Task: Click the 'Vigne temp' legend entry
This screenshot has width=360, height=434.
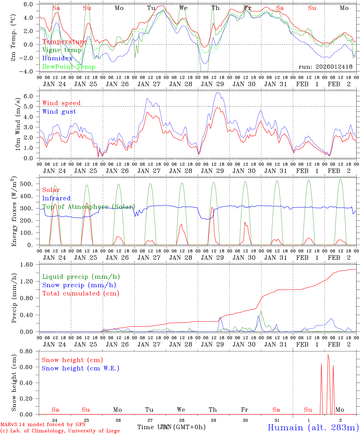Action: click(62, 50)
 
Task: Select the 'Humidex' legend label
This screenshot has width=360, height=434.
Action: click(57, 58)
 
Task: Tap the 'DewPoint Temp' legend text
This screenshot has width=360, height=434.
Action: click(69, 67)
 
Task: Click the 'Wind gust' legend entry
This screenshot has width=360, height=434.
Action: click(59, 112)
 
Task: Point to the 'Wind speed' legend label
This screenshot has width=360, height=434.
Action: click(61, 103)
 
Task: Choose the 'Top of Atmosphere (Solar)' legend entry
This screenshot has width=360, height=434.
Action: click(89, 207)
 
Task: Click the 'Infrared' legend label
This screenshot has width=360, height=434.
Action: click(56, 198)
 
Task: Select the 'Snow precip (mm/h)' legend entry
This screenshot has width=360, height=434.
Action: click(79, 285)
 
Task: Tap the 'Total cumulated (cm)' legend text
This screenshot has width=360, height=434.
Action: click(81, 293)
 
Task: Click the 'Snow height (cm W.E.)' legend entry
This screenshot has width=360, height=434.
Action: click(80, 368)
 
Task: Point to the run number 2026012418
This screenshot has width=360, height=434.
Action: click(325, 67)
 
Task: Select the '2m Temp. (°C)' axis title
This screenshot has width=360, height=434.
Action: click(13, 38)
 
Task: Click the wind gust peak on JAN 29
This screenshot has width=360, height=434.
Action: click(217, 93)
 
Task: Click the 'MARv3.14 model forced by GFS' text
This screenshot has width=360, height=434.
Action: click(43, 425)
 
